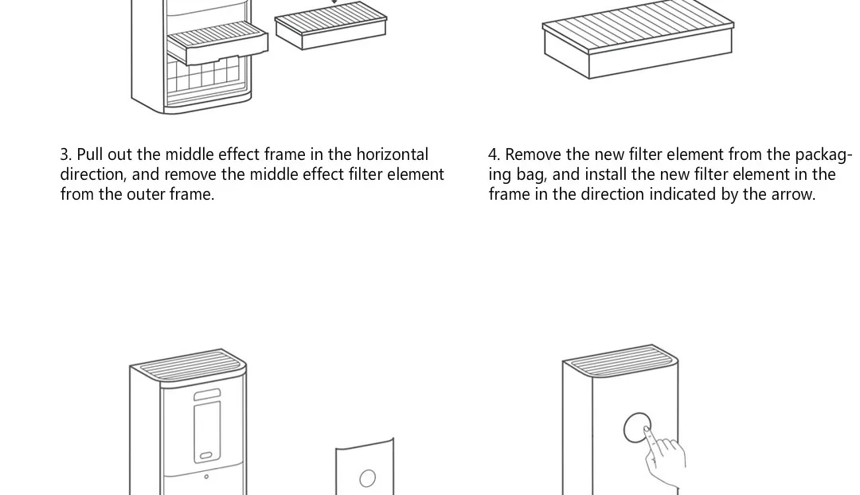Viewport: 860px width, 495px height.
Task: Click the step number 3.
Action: (x=64, y=154)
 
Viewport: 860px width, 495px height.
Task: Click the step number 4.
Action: (x=494, y=154)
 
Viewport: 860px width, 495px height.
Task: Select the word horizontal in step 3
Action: (x=392, y=154)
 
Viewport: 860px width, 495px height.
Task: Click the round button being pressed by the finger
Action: (x=636, y=427)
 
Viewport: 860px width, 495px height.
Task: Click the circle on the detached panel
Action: (x=367, y=477)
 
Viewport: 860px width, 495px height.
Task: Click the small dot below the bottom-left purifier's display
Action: (x=206, y=477)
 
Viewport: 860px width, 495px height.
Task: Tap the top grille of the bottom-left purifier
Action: (x=189, y=366)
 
